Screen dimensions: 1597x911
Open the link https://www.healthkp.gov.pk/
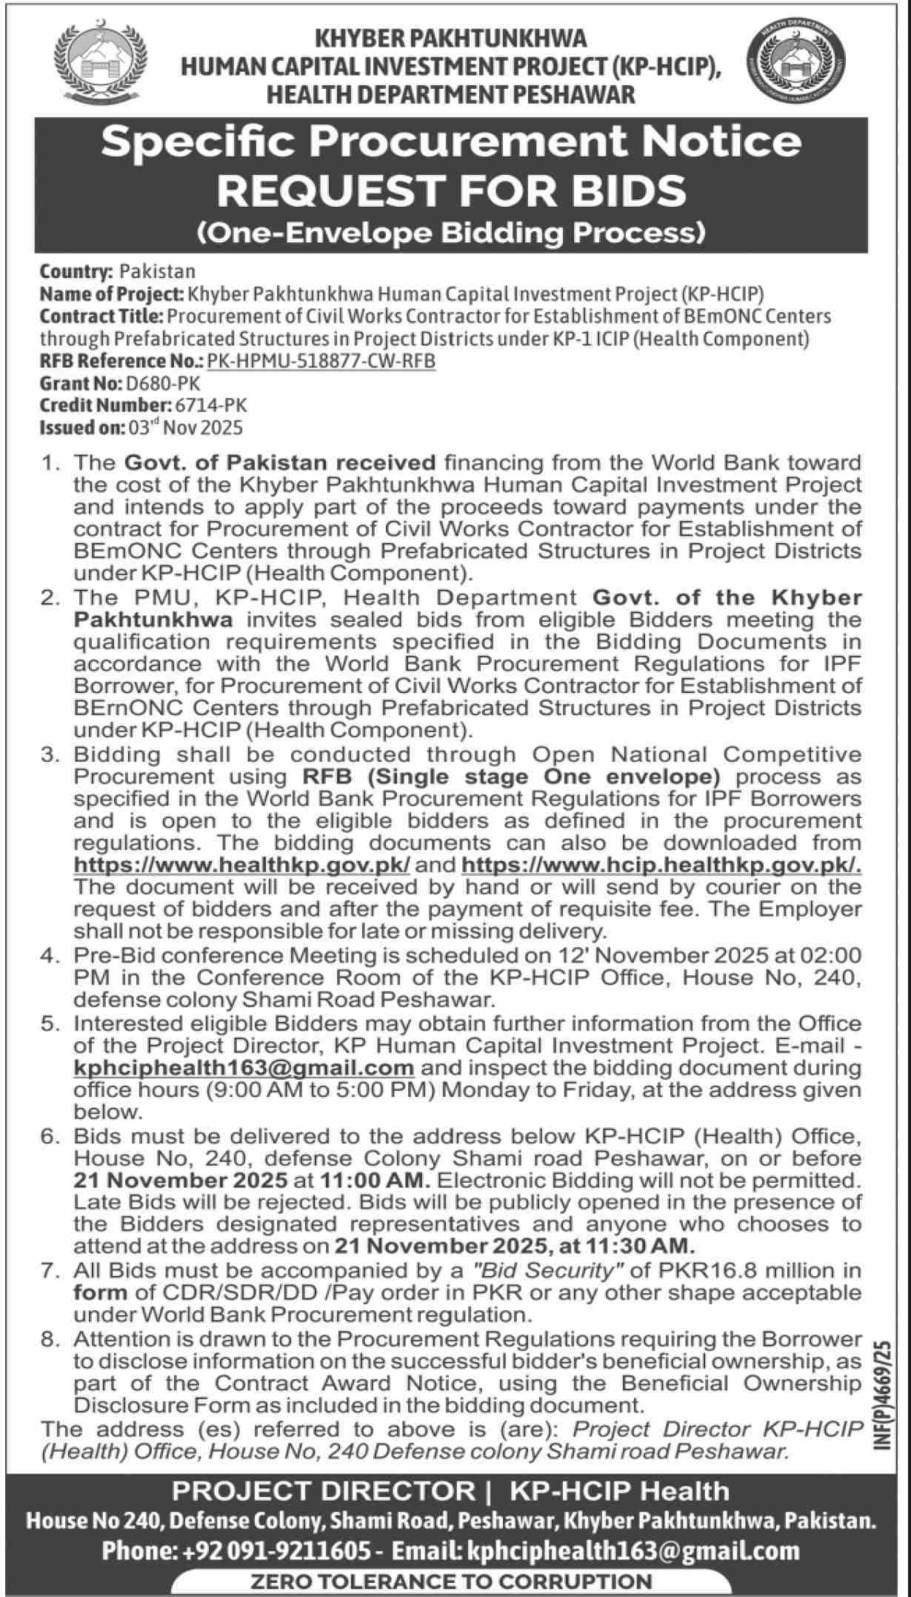pyautogui.click(x=242, y=865)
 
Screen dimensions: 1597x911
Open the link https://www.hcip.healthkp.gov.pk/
pyautogui.click(x=661, y=865)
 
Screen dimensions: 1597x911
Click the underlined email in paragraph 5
pyautogui.click(x=244, y=1068)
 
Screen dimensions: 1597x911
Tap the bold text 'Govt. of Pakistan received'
pyautogui.click(x=280, y=463)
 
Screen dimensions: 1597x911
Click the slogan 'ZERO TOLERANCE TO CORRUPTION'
pyautogui.click(x=452, y=1581)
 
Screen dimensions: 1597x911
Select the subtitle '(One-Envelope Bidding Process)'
pyautogui.click(x=451, y=233)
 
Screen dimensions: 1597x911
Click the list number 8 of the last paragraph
pyautogui.click(x=50, y=1339)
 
